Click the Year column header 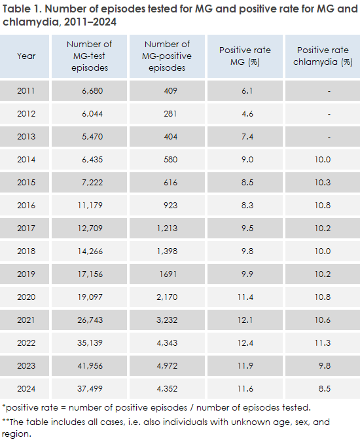point(27,56)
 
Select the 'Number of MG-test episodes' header point(90,56)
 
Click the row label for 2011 point(27,92)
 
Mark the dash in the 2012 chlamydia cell point(329,114)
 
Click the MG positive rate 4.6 point(247,114)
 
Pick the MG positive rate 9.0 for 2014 point(247,160)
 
